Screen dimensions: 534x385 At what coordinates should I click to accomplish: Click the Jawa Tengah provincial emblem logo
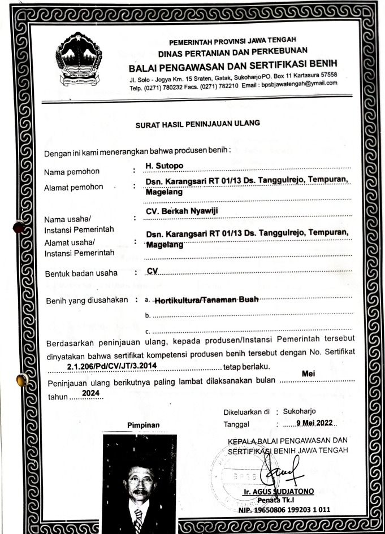[79, 59]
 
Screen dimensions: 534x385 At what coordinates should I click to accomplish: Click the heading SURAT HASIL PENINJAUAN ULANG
[196, 123]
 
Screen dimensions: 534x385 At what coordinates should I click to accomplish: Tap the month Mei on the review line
[309, 374]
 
